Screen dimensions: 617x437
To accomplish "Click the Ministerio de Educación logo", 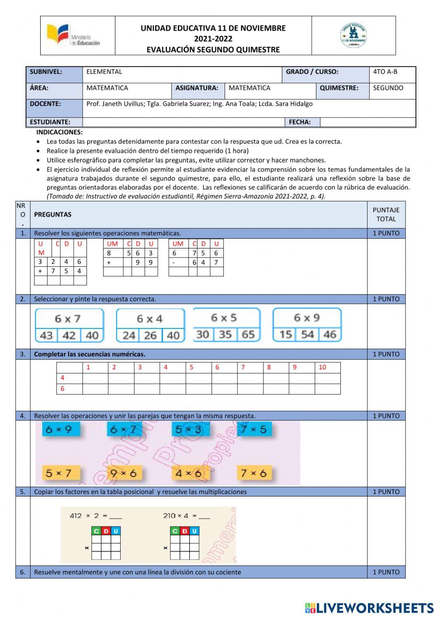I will pyautogui.click(x=73, y=36).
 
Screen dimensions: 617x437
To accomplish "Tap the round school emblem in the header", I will pyautogui.click(x=354, y=36).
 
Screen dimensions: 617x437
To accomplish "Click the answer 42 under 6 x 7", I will pyautogui.click(x=69, y=335).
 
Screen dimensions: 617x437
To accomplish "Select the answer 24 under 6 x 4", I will pyautogui.click(x=128, y=335).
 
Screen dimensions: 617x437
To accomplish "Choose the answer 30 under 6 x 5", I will pyautogui.click(x=203, y=334).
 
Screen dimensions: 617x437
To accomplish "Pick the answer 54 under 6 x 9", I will pyautogui.click(x=307, y=334).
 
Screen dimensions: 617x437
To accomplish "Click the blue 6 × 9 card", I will pyautogui.click(x=61, y=429).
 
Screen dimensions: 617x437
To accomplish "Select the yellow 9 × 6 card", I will pyautogui.click(x=124, y=473).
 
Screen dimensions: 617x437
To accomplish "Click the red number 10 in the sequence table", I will pyautogui.click(x=323, y=367).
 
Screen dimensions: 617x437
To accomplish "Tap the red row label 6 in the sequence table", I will pyautogui.click(x=62, y=389).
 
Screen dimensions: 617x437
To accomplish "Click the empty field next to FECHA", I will pyautogui.click(x=367, y=122).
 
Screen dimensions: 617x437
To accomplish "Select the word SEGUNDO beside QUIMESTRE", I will pyautogui.click(x=388, y=88).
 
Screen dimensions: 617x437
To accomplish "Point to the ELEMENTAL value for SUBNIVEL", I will pyautogui.click(x=104, y=72).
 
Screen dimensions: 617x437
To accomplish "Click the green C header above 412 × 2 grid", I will pyautogui.click(x=96, y=531).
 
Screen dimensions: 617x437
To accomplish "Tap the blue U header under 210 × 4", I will pyautogui.click(x=194, y=531).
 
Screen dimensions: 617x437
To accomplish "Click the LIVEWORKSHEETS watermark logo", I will pyautogui.click(x=369, y=608).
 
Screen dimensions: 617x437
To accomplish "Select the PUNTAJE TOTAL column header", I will pyautogui.click(x=386, y=214).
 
